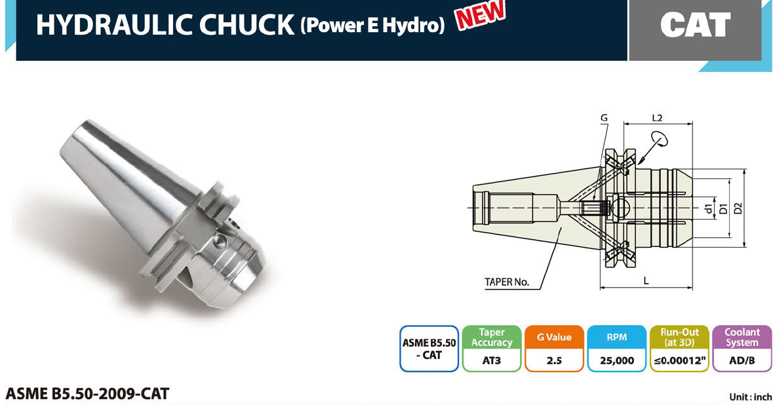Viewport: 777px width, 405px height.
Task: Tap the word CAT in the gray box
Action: pos(695,25)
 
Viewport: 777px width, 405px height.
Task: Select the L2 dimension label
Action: pos(657,118)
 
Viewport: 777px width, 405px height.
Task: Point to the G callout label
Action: pos(603,118)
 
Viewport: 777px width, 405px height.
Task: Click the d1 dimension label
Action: pos(709,208)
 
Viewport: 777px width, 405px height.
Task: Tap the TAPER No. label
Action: pos(506,282)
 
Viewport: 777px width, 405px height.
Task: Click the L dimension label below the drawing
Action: pos(646,280)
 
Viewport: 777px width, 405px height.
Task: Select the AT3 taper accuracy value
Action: pos(492,360)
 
